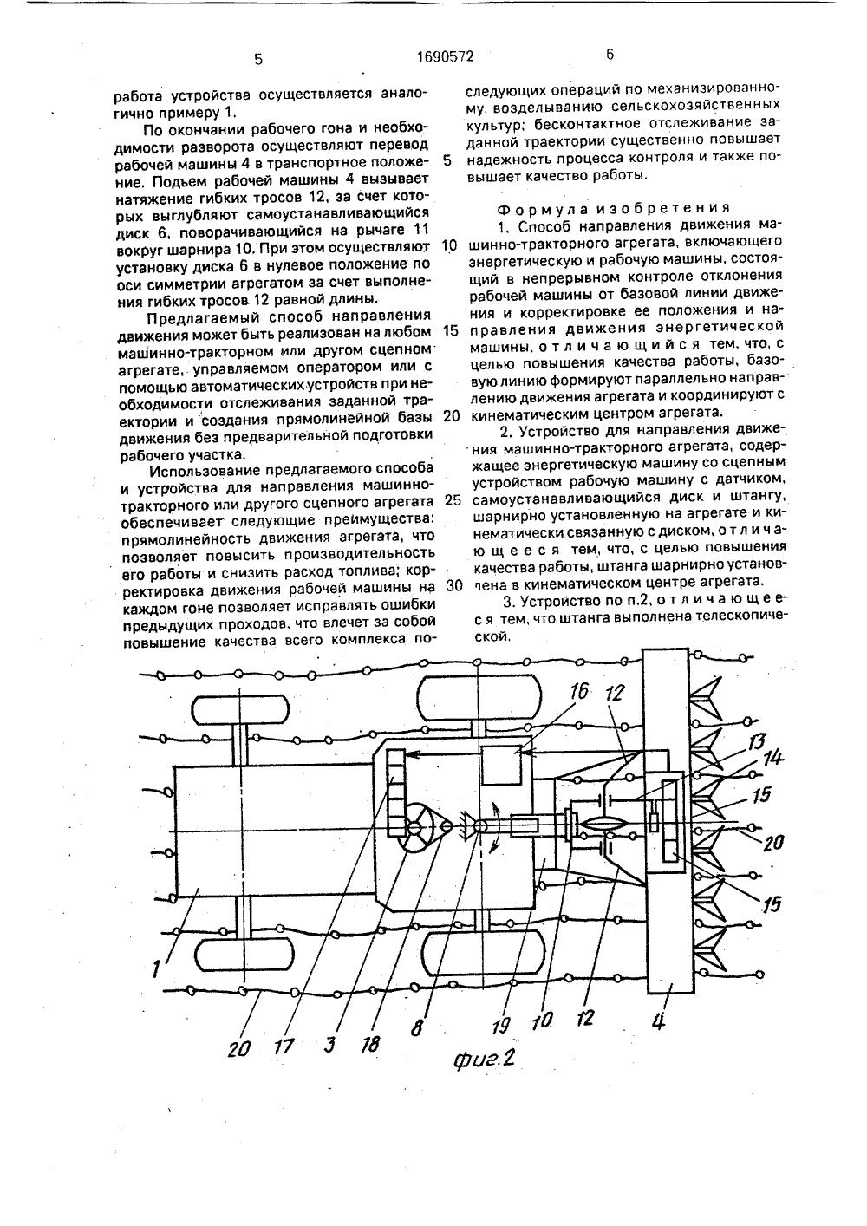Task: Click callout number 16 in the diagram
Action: tap(579, 692)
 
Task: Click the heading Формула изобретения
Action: tap(612, 208)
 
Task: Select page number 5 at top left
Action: tap(257, 59)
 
